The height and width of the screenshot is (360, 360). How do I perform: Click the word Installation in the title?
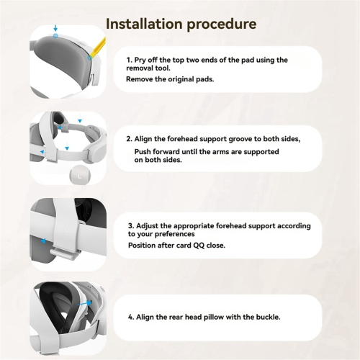click(144, 24)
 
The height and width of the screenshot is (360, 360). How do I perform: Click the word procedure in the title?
click(222, 24)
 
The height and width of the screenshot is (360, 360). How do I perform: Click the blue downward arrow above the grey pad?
click(55, 27)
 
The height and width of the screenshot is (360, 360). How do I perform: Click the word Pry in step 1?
click(140, 60)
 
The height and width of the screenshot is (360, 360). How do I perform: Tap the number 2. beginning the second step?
click(129, 139)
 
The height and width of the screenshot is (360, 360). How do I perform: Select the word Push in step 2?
click(143, 152)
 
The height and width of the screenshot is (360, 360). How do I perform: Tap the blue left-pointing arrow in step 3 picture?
click(43, 241)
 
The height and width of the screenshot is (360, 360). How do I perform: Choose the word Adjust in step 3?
click(147, 226)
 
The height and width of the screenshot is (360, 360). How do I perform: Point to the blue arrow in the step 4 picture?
click(85, 303)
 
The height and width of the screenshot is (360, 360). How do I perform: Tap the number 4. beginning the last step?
click(131, 318)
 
